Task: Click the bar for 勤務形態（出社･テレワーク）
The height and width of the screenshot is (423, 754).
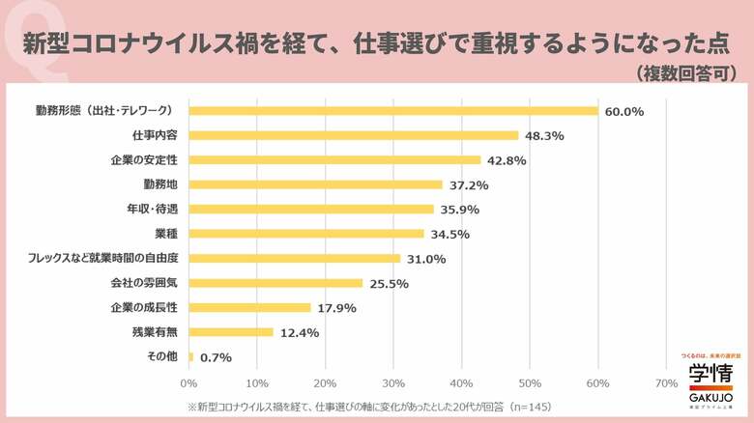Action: point(393,110)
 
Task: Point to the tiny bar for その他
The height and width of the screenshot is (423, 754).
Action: point(191,357)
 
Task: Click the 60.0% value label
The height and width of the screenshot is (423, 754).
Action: point(624,111)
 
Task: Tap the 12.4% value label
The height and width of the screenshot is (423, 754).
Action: point(300,332)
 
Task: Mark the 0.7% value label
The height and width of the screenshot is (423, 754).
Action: point(217,357)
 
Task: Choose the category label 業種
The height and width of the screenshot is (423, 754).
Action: point(165,233)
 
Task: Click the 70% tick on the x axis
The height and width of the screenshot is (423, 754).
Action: point(666,382)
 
